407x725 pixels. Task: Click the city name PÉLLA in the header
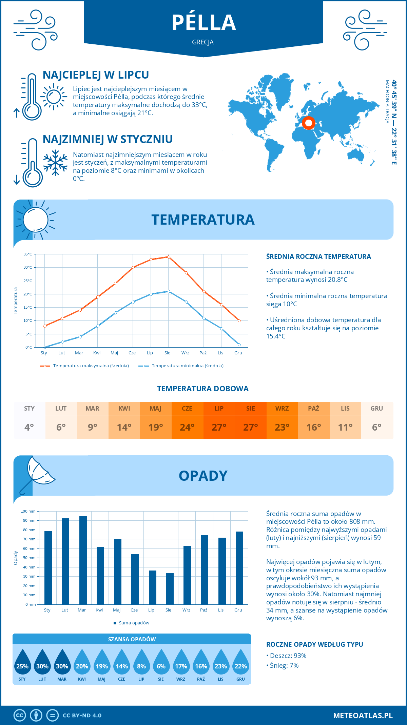pyautogui.click(x=203, y=23)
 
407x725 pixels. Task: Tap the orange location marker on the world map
pyautogui.click(x=308, y=123)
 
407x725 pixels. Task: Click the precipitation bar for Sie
pyautogui.click(x=170, y=588)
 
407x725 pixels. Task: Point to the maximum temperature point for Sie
pyautogui.click(x=169, y=257)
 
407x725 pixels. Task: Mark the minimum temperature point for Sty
pyautogui.click(x=45, y=347)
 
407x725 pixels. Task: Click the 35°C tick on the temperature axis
pyautogui.click(x=28, y=254)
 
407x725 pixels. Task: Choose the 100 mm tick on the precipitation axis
pyautogui.click(x=28, y=511)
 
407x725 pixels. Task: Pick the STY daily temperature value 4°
pyautogui.click(x=29, y=427)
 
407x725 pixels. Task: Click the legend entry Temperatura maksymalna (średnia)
pyautogui.click(x=84, y=366)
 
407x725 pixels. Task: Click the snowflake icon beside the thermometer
pyautogui.click(x=55, y=163)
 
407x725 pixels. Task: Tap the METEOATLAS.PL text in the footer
pyautogui.click(x=363, y=715)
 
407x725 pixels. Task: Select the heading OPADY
pyautogui.click(x=203, y=476)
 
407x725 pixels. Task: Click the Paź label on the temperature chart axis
pyautogui.click(x=203, y=353)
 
